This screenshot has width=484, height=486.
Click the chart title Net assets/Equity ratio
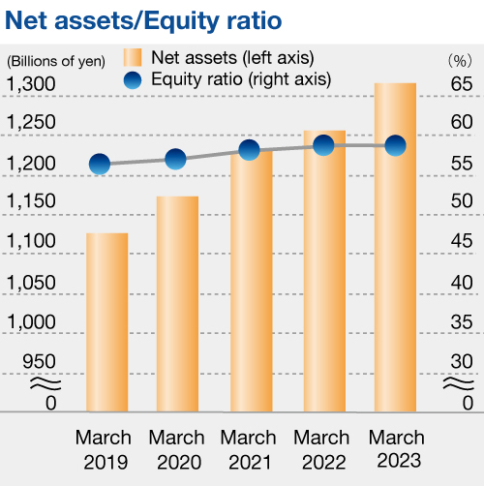143,21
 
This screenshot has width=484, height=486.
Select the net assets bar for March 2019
107,322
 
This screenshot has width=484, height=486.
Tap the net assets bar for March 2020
177,304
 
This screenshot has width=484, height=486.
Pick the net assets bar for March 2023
395,247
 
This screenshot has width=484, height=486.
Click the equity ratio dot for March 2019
100,164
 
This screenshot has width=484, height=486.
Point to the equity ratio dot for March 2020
175,159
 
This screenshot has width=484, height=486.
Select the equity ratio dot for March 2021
249,150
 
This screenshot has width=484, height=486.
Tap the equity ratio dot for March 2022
323,145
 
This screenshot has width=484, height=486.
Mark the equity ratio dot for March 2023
396,146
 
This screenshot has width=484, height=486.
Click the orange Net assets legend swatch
133,57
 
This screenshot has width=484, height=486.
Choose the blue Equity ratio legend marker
133,80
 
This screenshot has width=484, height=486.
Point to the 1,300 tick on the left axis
31,84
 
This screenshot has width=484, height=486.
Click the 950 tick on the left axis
39,361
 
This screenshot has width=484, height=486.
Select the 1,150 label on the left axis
31,201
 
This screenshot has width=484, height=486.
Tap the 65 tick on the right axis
462,84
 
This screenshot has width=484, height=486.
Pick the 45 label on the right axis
462,241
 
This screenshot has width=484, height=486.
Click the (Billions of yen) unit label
56,61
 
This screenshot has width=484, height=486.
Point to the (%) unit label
460,61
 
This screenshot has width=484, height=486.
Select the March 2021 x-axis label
249,450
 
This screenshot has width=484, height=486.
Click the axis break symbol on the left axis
45,383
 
